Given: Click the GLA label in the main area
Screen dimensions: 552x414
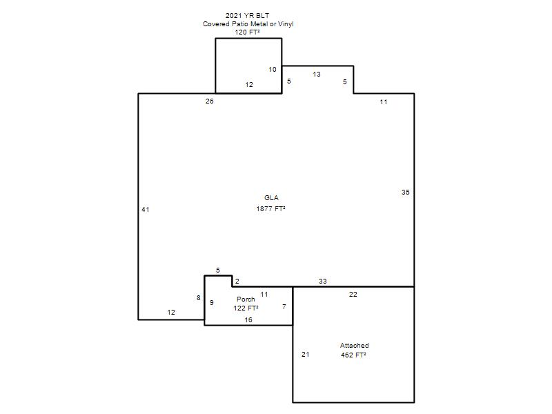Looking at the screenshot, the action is [x=271, y=198].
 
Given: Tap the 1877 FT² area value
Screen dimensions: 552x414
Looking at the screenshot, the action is [x=270, y=209].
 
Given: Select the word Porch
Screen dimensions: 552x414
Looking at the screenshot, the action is [x=246, y=299].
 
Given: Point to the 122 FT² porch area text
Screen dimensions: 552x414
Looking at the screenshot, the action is [x=246, y=308].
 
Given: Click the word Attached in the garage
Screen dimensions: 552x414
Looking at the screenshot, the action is [x=354, y=346].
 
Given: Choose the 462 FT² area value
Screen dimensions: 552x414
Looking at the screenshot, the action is [x=353, y=355].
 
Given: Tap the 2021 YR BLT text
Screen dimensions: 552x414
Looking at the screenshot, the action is [x=247, y=15].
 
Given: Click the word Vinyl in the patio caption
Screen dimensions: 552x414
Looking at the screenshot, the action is [x=286, y=24].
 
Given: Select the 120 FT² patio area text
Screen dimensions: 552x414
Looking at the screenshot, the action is [x=248, y=32].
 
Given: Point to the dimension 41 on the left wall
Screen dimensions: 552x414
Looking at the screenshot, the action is [x=146, y=210].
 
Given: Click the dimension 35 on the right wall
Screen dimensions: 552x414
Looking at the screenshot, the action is [x=406, y=193].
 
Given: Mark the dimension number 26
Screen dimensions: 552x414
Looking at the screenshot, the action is [x=210, y=101].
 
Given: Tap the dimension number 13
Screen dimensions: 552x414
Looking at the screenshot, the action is [x=317, y=75].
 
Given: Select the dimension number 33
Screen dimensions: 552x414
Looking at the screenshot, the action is [x=323, y=282].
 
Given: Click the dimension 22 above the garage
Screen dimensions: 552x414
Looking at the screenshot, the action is [x=353, y=295].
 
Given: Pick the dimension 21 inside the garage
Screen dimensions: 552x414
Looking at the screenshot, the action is [x=306, y=355].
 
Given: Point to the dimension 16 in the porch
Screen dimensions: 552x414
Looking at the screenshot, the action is [x=248, y=320].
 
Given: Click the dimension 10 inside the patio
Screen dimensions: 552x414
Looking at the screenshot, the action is [x=273, y=70].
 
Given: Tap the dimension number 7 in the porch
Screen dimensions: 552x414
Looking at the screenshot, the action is [x=284, y=307].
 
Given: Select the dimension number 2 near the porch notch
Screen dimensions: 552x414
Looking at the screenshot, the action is [x=237, y=282].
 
